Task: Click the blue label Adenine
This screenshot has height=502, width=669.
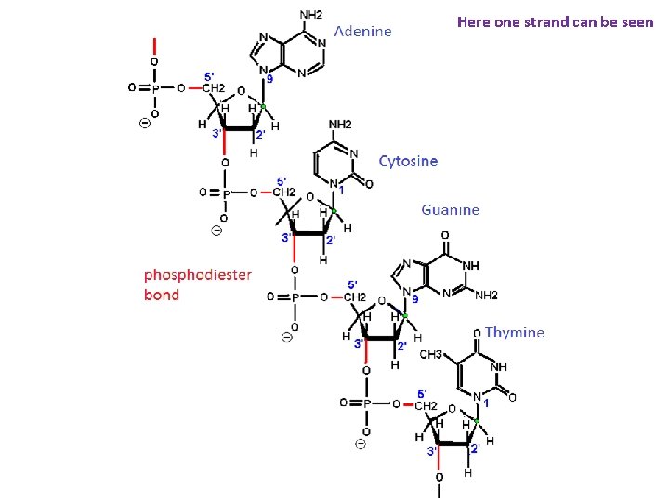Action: [x=362, y=32]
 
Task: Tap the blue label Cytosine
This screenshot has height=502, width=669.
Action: [x=408, y=161]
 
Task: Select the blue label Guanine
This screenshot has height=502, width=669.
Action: [x=450, y=210]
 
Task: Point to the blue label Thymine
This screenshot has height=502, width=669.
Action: [x=514, y=332]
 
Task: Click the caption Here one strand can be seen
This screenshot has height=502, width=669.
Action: [x=555, y=21]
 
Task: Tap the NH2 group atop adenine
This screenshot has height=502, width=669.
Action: [x=311, y=14]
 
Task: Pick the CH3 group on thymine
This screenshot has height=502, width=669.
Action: [x=431, y=354]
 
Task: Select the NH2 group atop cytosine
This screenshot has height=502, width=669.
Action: [x=340, y=124]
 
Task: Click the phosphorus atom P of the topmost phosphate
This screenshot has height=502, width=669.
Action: [x=155, y=88]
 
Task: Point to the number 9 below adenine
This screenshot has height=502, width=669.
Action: [x=269, y=79]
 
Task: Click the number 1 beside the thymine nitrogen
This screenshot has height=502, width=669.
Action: [x=487, y=403]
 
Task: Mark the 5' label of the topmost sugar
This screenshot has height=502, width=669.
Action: [x=210, y=75]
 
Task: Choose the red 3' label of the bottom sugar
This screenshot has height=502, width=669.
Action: [x=431, y=451]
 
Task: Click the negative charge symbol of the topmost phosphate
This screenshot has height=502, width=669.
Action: [x=144, y=125]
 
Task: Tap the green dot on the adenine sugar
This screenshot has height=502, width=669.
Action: [x=263, y=107]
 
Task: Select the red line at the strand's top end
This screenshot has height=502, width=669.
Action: [x=155, y=46]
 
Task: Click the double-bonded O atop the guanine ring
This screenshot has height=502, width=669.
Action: [x=445, y=235]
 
